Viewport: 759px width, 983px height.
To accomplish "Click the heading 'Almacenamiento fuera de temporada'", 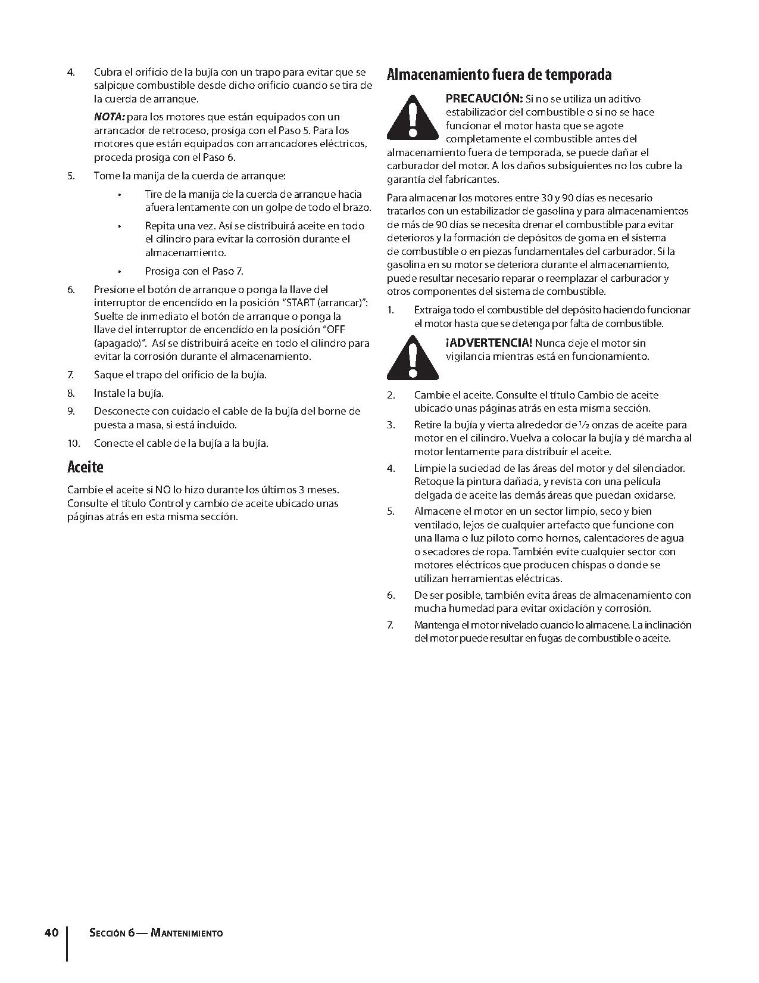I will click(499, 75).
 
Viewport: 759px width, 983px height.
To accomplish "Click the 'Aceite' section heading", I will click(85, 467).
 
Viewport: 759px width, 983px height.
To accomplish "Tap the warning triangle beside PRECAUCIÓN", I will click(412, 118).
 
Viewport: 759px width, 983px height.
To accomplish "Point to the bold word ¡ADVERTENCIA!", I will click(489, 343).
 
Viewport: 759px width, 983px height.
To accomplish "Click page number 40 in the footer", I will click(51, 932).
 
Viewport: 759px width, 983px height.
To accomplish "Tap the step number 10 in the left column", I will click(73, 443).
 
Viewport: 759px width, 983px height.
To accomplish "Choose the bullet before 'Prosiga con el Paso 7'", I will click(120, 272).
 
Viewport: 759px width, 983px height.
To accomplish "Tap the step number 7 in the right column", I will click(391, 625).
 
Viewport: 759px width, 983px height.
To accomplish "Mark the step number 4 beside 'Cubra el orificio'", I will click(71, 72).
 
